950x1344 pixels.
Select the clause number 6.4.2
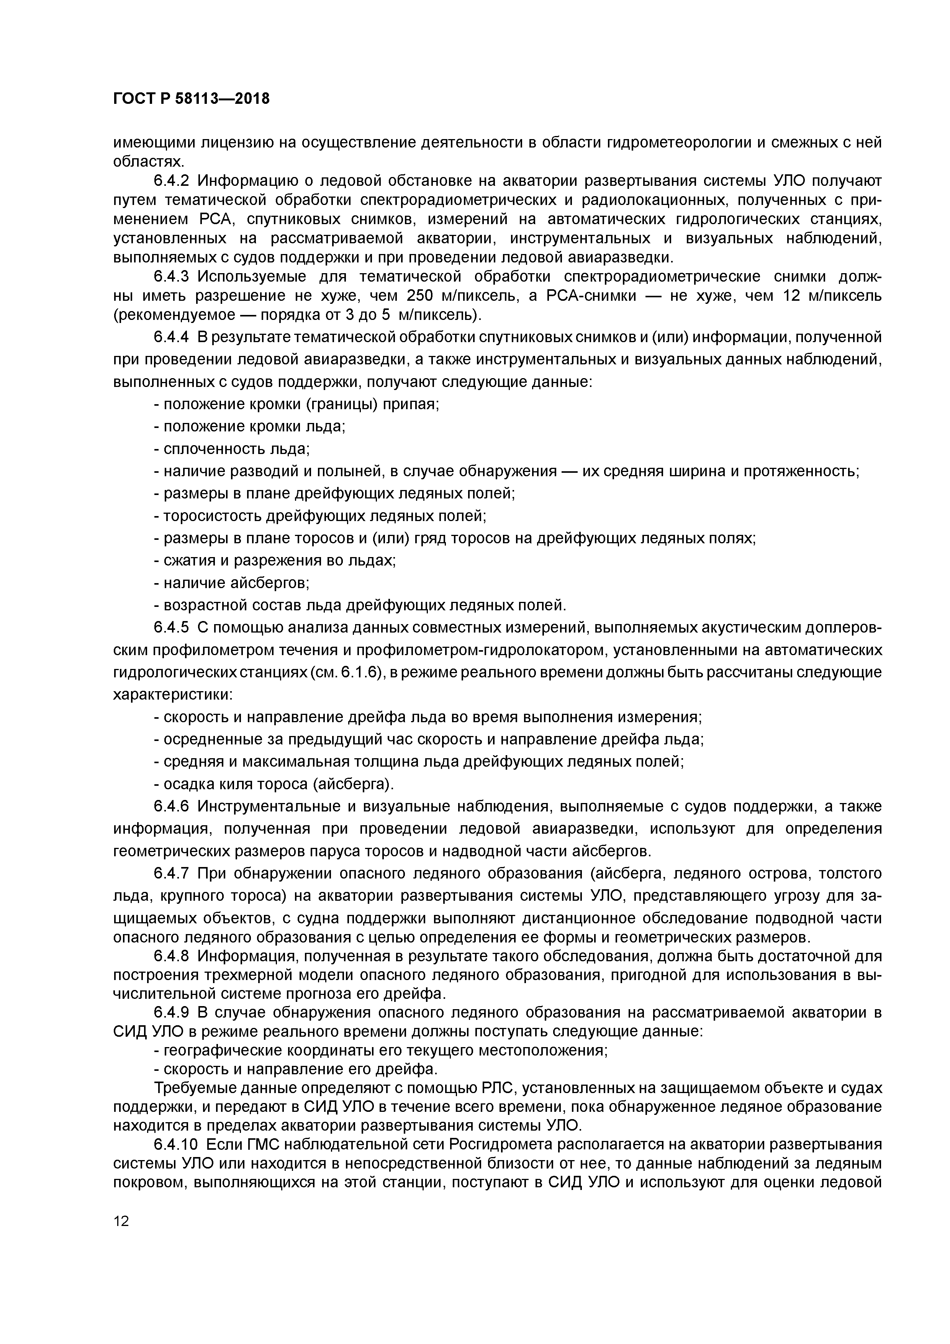(x=171, y=180)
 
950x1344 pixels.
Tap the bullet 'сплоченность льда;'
(x=232, y=449)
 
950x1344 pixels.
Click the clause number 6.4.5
(x=171, y=628)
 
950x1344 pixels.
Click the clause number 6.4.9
(x=171, y=1013)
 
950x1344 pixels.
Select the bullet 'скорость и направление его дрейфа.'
(x=296, y=1069)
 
